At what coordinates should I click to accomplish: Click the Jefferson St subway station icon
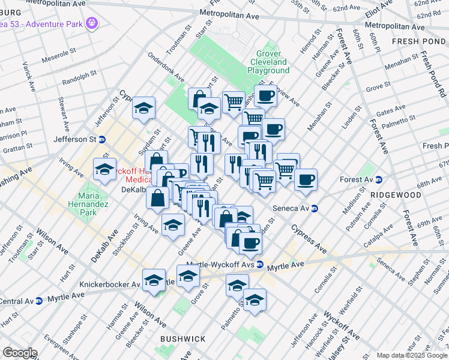click(102, 139)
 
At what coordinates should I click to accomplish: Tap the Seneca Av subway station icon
click(315, 208)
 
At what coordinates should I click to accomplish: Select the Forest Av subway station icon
click(379, 179)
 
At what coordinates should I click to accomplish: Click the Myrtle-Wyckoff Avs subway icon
click(260, 264)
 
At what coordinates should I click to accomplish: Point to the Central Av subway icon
click(39, 300)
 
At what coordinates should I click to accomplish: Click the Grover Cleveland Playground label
click(268, 62)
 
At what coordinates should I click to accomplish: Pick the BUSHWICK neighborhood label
click(183, 339)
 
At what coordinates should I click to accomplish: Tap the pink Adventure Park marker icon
click(92, 23)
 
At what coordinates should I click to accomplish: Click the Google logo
click(20, 352)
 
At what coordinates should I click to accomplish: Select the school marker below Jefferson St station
click(105, 169)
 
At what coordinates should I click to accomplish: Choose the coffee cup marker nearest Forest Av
click(306, 179)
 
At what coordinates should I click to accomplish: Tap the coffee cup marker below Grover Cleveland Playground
click(265, 95)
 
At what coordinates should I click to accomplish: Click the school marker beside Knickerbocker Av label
click(154, 281)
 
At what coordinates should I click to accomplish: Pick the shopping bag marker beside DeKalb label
click(157, 199)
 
